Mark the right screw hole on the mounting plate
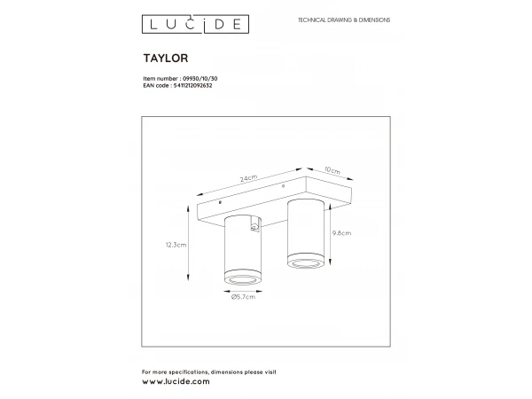[x=283, y=187]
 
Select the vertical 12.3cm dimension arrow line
[x=189, y=246]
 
